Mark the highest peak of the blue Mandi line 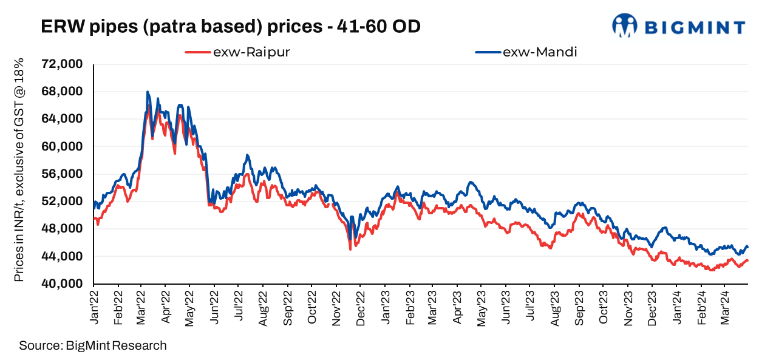click(148, 92)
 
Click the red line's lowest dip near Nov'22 click(350, 249)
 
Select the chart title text click(230, 27)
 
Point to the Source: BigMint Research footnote click(92, 346)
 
